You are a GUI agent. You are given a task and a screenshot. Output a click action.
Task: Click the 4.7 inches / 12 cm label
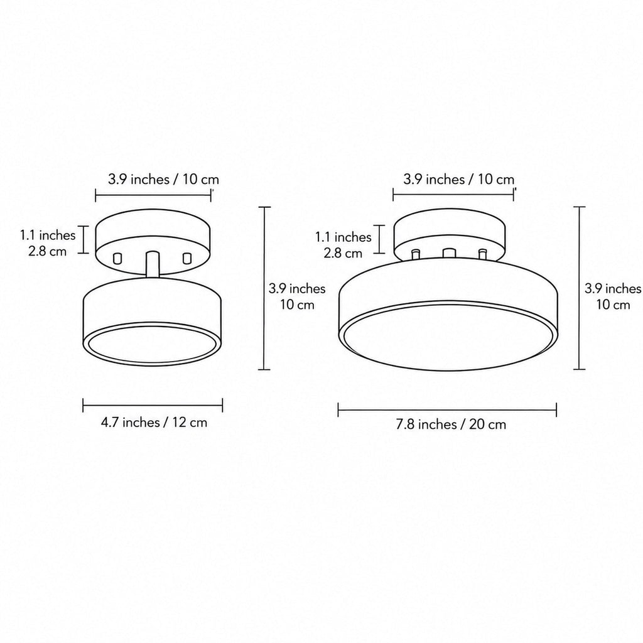154,422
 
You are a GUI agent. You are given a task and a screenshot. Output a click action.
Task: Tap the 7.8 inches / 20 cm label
451,424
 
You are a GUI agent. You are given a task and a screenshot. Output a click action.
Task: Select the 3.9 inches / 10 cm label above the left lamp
164,179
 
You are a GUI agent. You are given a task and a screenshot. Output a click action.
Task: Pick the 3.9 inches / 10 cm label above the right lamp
458,179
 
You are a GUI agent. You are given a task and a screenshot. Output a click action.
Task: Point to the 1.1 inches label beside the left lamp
48,235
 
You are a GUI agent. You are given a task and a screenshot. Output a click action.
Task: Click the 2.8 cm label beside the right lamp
343,253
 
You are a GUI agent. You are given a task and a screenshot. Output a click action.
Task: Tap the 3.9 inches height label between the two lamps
297,289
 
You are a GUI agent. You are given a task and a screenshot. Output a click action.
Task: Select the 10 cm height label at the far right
613,305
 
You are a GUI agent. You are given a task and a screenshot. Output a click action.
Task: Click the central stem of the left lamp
153,264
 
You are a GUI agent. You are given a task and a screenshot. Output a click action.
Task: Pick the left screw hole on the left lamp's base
117,258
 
